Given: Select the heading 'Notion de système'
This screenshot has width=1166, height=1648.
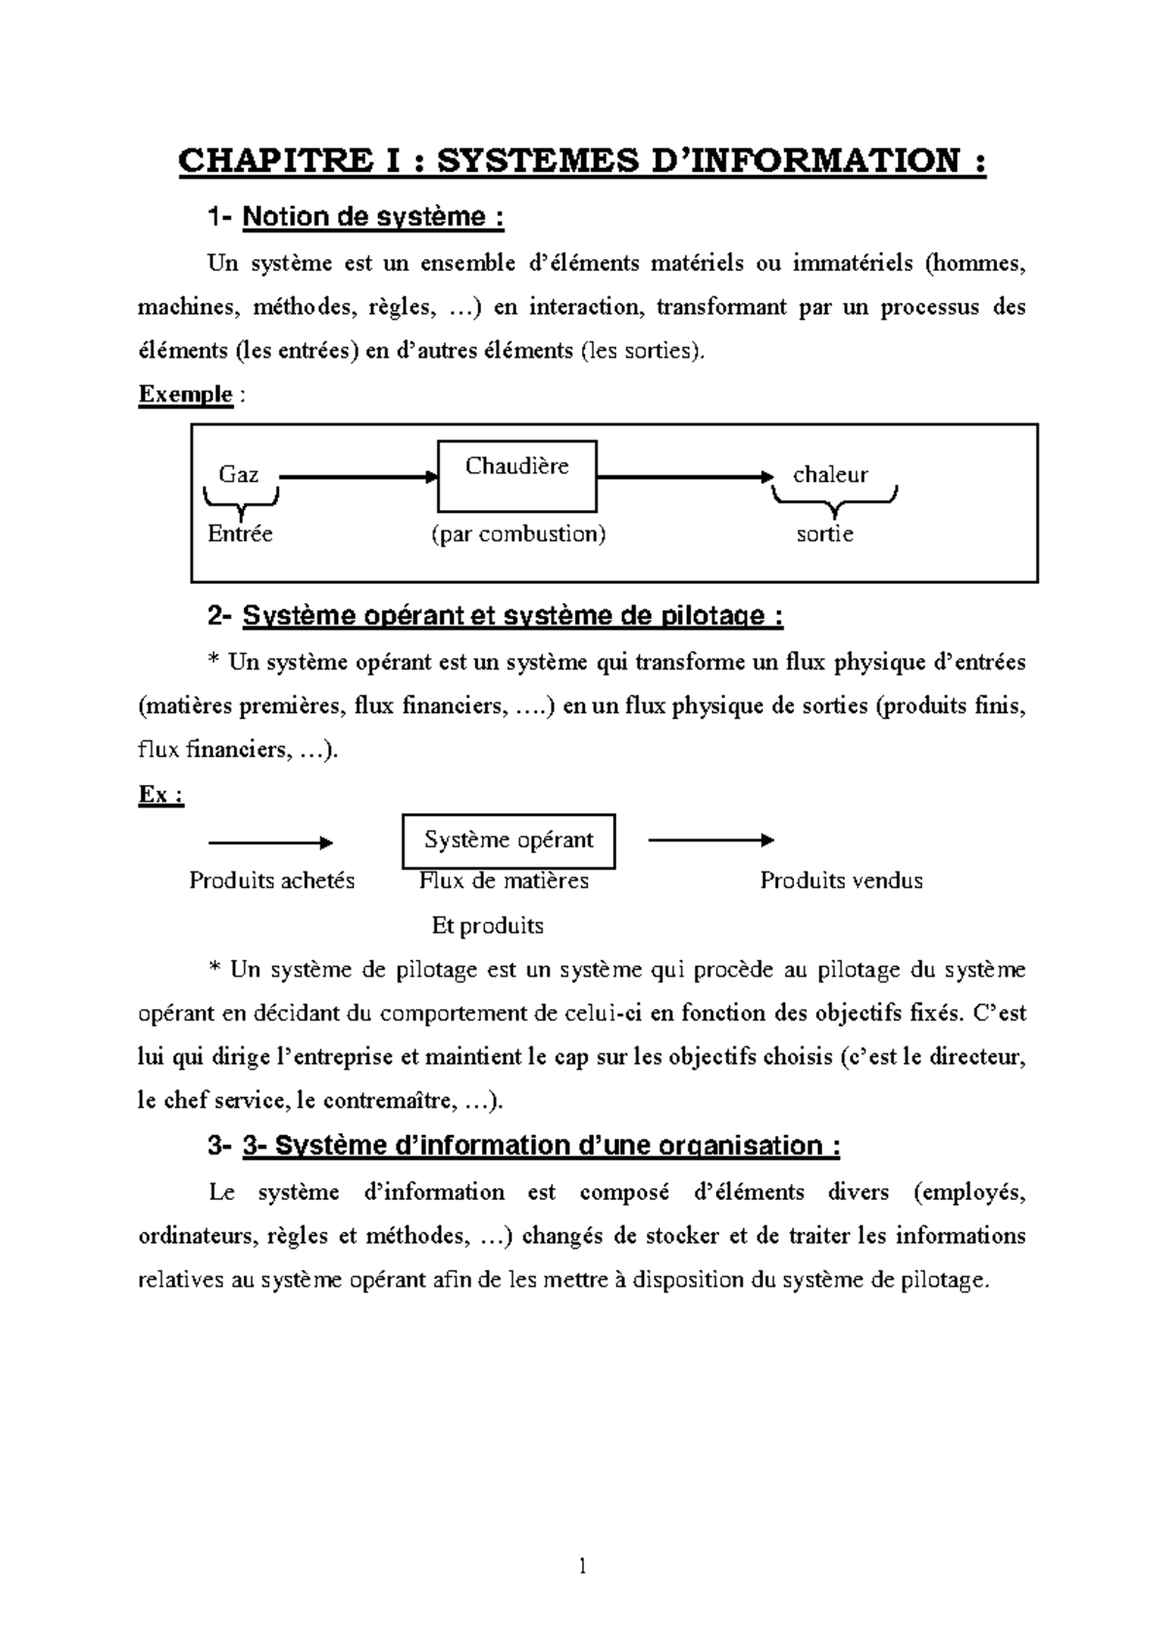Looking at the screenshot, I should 373,217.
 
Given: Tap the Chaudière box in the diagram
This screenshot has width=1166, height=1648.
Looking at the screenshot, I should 517,476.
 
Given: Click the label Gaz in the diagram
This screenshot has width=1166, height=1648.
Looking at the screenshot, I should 238,475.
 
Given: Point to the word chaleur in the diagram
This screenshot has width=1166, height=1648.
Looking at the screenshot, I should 830,475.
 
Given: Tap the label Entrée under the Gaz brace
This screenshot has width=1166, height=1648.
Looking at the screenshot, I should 240,534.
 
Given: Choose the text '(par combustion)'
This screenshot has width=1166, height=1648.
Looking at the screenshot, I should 518,534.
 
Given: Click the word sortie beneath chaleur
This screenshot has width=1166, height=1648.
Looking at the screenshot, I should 825,534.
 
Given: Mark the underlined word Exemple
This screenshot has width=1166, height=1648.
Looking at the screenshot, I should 186,395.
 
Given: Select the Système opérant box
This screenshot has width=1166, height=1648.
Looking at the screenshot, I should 508,841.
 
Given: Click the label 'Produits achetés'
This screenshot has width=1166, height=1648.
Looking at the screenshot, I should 272,881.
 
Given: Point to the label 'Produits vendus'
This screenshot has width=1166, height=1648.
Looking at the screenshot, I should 840,881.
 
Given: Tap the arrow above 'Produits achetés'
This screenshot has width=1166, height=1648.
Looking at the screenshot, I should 271,842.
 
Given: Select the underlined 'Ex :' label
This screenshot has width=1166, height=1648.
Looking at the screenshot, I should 161,795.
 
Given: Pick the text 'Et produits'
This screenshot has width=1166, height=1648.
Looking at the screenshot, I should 487,926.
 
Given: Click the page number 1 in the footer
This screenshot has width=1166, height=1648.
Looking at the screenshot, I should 582,1565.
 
